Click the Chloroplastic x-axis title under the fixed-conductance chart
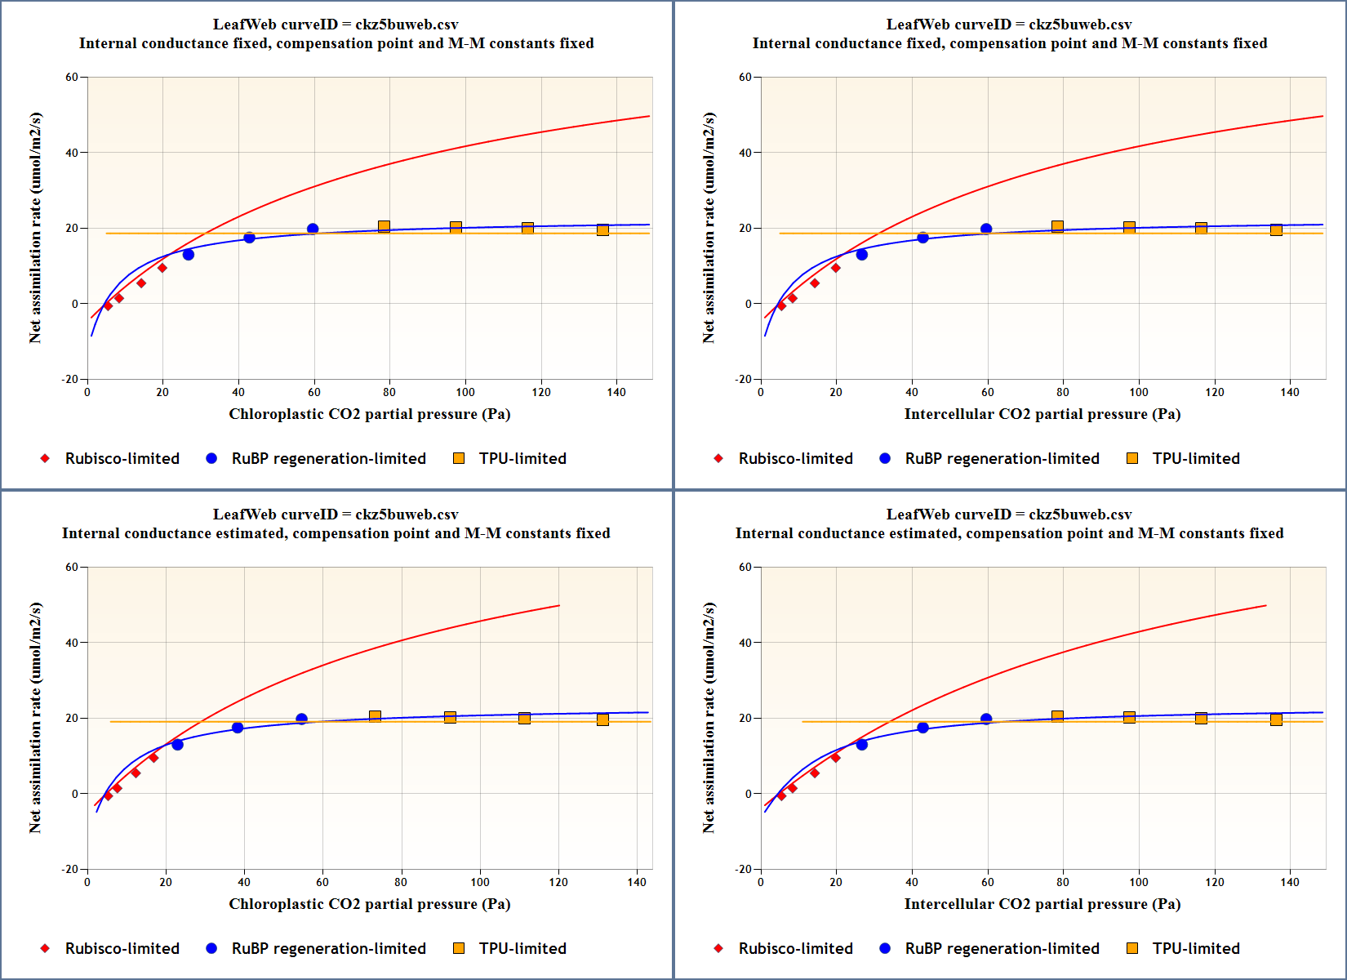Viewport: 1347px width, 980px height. click(x=369, y=414)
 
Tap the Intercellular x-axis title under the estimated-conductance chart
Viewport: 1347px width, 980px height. click(x=1042, y=904)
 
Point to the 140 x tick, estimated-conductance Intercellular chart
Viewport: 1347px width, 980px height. click(x=1289, y=882)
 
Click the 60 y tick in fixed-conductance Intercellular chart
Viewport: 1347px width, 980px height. click(x=745, y=78)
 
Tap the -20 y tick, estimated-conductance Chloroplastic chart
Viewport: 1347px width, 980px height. click(x=69, y=869)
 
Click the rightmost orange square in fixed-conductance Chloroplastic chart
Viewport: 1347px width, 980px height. click(x=602, y=229)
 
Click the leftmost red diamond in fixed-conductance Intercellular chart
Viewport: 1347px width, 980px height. click(x=781, y=305)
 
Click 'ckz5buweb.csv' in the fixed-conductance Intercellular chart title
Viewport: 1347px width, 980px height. click(x=1079, y=24)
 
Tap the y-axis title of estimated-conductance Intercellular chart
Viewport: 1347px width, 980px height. click(x=709, y=718)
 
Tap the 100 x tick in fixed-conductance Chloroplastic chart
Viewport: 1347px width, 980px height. click(x=465, y=392)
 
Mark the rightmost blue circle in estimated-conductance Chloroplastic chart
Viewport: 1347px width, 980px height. click(x=301, y=719)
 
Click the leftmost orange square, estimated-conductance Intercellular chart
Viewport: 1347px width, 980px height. click(x=1057, y=716)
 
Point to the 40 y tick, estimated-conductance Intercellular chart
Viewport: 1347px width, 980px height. click(x=745, y=643)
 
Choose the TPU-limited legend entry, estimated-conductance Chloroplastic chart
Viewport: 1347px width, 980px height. click(x=522, y=948)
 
